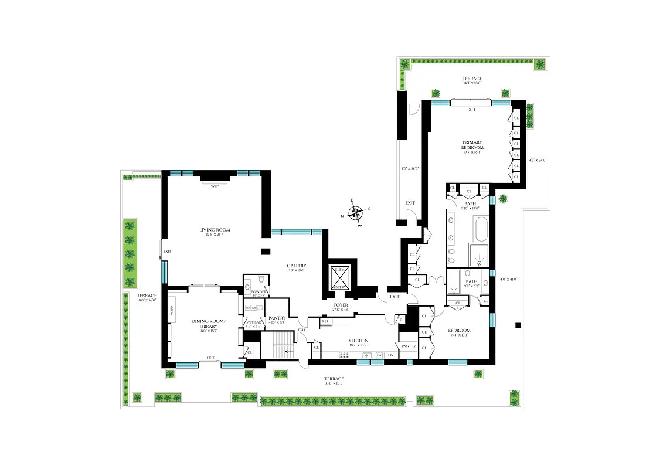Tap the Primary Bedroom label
pos(472,145)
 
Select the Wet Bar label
pos(253,322)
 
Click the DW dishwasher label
pos(379,355)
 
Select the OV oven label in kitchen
pos(390,355)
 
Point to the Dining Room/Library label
pos(204,324)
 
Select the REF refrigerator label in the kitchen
pos(325,321)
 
